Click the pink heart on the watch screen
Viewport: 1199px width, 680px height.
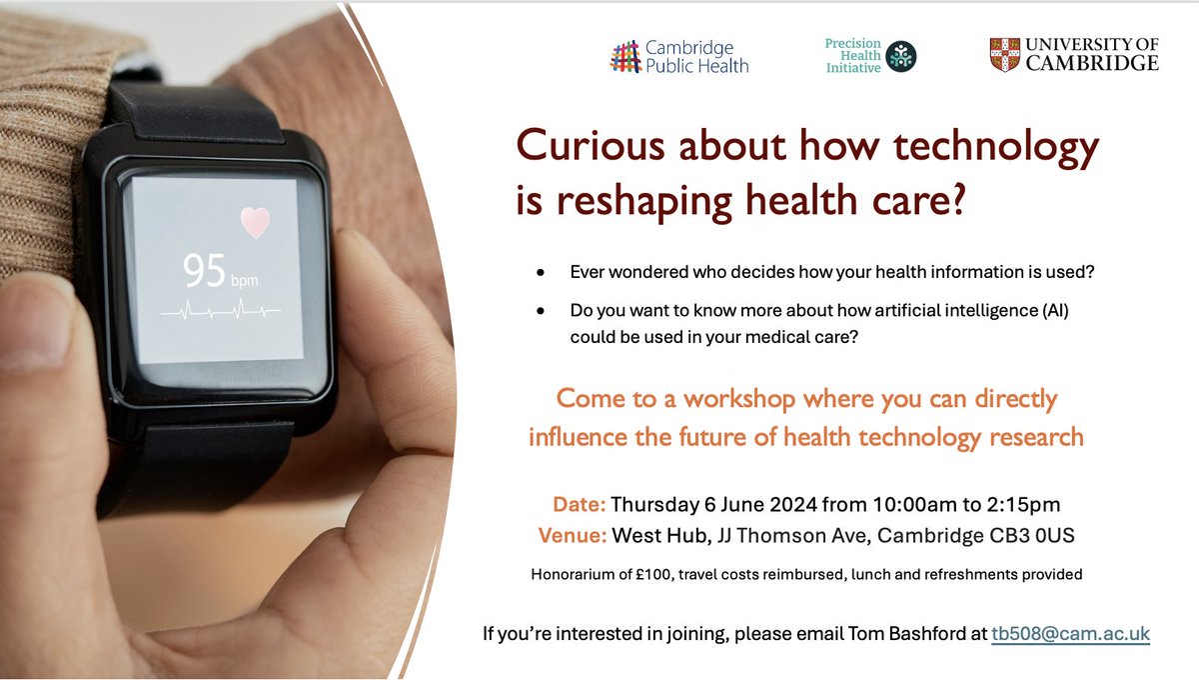click(255, 222)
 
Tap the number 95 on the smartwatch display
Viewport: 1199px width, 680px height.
click(204, 270)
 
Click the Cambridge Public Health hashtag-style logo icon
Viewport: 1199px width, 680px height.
click(625, 57)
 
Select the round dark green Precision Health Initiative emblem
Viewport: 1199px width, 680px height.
click(901, 57)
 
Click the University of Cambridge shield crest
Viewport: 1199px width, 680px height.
click(1004, 54)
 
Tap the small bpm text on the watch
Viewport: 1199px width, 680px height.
click(246, 281)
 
